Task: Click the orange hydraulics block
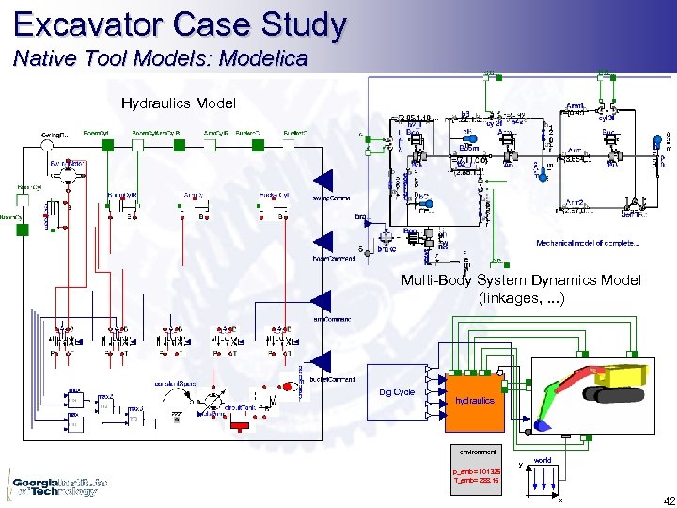coord(474,399)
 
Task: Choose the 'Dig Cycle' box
coord(396,392)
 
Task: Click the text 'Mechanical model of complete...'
coord(588,243)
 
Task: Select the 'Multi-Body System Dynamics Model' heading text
coord(521,280)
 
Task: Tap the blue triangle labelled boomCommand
coord(323,241)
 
